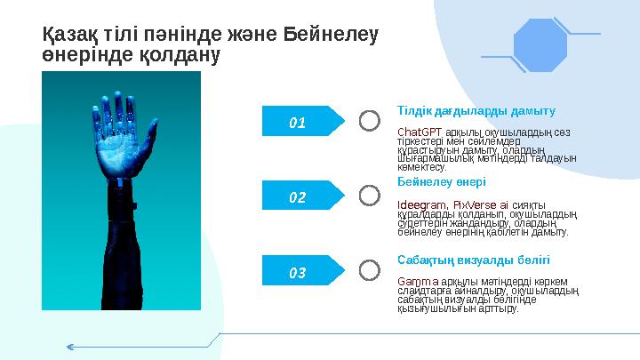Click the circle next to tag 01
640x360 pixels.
pyautogui.click(x=370, y=120)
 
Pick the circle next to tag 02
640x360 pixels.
pyautogui.click(x=370, y=195)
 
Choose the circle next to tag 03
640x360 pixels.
pyautogui.click(x=370, y=270)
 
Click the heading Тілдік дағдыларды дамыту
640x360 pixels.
pyautogui.click(x=476, y=111)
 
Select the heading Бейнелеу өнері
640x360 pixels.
pyautogui.click(x=441, y=181)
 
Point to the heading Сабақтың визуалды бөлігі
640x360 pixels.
pyautogui.click(x=473, y=260)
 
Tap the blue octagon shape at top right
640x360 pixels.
pyautogui.click(x=540, y=44)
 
